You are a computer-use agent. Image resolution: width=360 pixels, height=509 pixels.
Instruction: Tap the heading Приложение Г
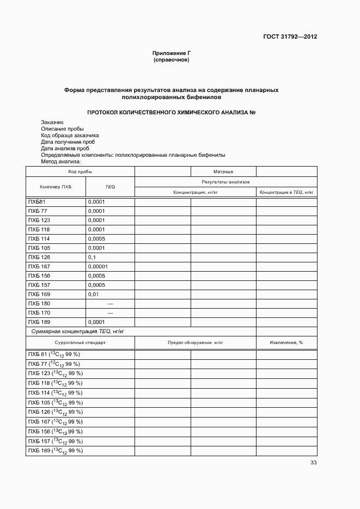point(172,53)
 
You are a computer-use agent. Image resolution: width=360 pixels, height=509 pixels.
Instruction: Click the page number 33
point(313,463)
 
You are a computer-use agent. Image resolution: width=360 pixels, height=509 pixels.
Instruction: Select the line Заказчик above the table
point(52,122)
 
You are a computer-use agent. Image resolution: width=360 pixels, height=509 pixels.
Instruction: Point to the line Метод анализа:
point(60,161)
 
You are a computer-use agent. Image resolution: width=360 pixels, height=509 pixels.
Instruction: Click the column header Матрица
point(223,171)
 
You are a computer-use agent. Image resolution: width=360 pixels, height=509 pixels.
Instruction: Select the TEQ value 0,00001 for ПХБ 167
point(98,267)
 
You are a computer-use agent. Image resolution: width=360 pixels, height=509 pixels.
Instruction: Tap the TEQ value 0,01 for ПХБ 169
point(94,295)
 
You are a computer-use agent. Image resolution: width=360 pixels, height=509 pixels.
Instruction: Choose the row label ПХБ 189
point(39,322)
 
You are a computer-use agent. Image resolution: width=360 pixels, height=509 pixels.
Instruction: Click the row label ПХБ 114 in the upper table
point(39,239)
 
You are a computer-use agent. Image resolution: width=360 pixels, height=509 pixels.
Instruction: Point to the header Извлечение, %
point(286,343)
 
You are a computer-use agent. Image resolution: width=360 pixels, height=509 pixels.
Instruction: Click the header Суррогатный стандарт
point(80,343)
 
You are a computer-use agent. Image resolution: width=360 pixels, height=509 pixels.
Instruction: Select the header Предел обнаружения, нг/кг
point(196,343)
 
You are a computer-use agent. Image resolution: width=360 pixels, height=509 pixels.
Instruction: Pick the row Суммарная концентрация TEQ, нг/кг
point(78,331)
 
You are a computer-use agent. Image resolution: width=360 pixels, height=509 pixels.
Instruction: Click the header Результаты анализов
point(225,182)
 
